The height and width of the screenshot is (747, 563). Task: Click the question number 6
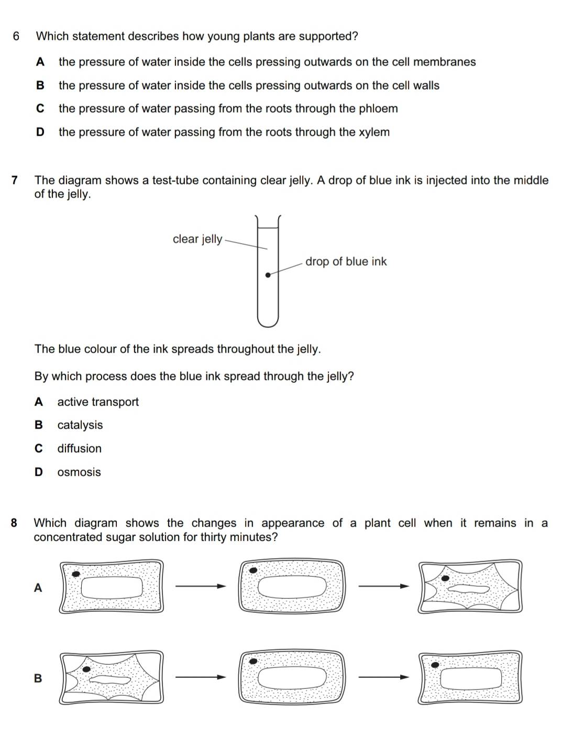point(16,36)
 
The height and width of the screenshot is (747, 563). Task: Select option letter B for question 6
point(40,85)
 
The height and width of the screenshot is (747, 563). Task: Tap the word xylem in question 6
point(374,132)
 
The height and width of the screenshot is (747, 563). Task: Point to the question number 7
point(15,180)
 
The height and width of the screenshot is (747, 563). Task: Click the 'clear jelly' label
point(197,239)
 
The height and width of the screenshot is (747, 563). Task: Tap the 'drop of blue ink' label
point(346,261)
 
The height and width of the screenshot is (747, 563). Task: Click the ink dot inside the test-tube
point(268,274)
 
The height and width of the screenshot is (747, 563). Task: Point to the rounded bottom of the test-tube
point(268,322)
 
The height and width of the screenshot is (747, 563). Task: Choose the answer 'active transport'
point(98,402)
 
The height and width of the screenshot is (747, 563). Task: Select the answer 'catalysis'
point(80,425)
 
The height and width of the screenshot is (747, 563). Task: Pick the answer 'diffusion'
point(80,448)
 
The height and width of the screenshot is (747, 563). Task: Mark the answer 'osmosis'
point(79,472)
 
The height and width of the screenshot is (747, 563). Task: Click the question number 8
point(14,523)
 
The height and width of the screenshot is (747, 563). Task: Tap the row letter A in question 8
point(38,588)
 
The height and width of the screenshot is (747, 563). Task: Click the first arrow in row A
point(201,586)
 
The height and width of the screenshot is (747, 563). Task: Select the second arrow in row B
point(383,677)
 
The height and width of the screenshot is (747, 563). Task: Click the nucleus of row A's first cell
point(76,574)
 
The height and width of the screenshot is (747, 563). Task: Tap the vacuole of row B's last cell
point(471,679)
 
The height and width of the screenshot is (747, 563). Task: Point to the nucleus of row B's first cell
point(86,669)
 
